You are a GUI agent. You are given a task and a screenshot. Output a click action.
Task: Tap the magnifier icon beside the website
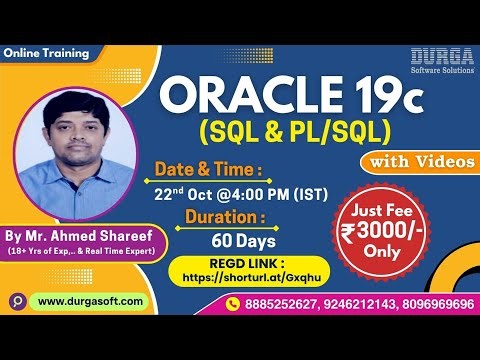pos(16,301)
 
